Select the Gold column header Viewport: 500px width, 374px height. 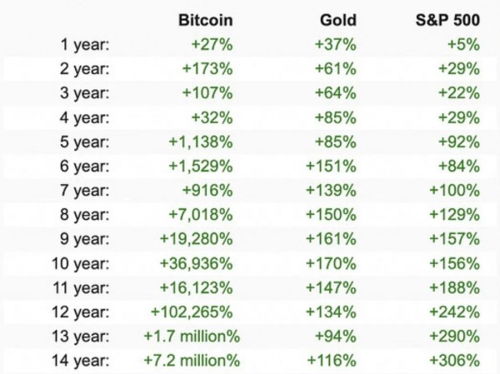339,19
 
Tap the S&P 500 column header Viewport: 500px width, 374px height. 447,19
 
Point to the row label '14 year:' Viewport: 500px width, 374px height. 81,361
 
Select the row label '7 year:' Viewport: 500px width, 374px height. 85,190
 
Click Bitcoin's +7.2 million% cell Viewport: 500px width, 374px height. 192,361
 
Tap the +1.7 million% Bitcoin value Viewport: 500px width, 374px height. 192,337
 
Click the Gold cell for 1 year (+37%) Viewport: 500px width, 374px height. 338,44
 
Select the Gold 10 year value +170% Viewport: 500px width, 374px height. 334,263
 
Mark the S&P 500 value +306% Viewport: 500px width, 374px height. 455,361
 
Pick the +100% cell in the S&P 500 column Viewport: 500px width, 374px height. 455,190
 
